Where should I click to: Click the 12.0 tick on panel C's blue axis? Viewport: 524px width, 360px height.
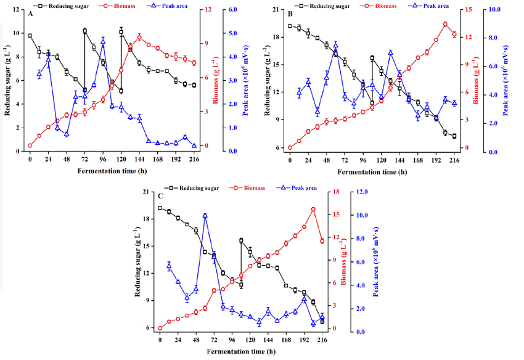pos(364,192)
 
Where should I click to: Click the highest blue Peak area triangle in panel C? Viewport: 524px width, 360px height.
pos(205,216)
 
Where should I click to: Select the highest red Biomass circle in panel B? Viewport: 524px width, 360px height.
pos(445,24)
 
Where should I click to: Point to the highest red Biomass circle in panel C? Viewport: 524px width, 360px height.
pos(313,210)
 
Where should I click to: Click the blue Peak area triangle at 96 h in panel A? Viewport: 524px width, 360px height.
pos(103,41)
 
